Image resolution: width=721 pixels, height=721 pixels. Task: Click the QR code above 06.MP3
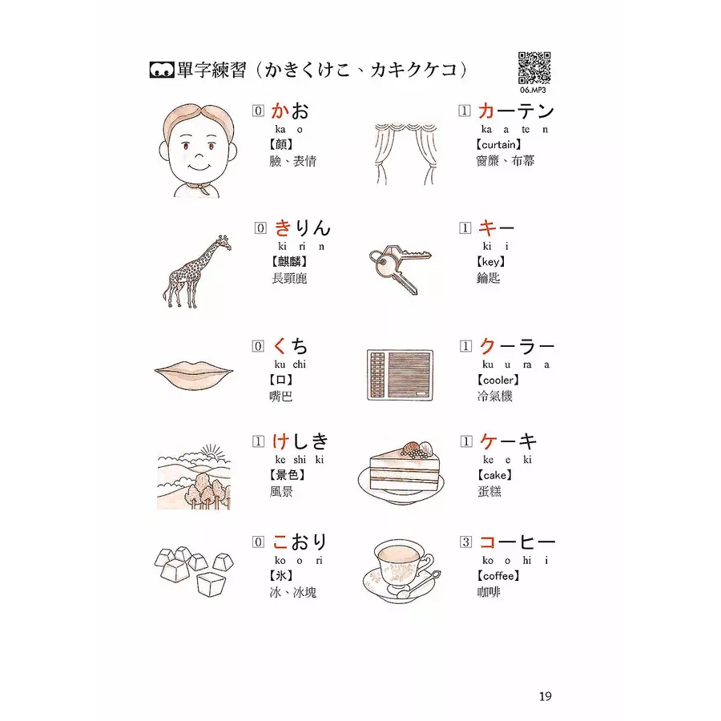pyautogui.click(x=534, y=68)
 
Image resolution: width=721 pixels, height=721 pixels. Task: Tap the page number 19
pyautogui.click(x=546, y=696)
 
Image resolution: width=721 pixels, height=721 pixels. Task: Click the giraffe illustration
pyautogui.click(x=196, y=272)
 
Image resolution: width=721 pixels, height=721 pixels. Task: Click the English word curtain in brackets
pyautogui.click(x=499, y=145)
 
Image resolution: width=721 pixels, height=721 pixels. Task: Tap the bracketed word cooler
pyautogui.click(x=498, y=381)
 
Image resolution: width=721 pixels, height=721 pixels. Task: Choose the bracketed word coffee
pyautogui.click(x=498, y=576)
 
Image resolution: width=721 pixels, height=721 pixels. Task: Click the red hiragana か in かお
pyautogui.click(x=280, y=111)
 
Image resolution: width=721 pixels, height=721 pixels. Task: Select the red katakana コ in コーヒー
pyautogui.click(x=487, y=542)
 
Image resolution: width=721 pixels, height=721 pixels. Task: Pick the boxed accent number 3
pyautogui.click(x=465, y=542)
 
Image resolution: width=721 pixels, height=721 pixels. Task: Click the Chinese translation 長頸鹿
pyautogui.click(x=289, y=278)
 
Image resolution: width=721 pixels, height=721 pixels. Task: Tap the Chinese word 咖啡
pyautogui.click(x=489, y=592)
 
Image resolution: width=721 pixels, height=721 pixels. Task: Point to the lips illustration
pyautogui.click(x=194, y=372)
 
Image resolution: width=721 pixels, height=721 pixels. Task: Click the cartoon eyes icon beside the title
pyautogui.click(x=161, y=70)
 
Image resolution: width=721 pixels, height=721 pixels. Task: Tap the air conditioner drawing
pyautogui.click(x=400, y=375)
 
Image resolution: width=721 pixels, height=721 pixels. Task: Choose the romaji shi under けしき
pyautogui.click(x=300, y=459)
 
